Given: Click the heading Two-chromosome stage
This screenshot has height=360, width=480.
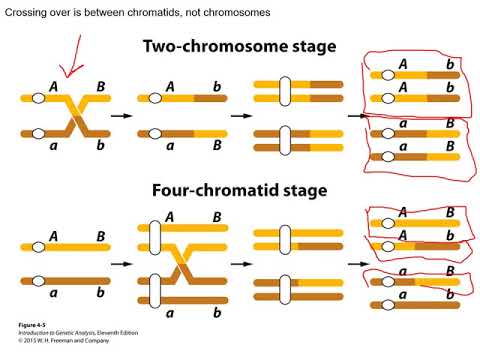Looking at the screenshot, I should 239,47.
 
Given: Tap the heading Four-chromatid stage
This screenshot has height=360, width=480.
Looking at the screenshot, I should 240,190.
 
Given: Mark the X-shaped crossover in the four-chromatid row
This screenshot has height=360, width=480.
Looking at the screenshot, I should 182,263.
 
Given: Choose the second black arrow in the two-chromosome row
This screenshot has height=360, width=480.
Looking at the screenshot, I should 241,116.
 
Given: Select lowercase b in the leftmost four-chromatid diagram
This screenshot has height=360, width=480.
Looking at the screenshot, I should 100,293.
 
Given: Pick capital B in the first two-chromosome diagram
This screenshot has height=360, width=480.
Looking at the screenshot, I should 100,86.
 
